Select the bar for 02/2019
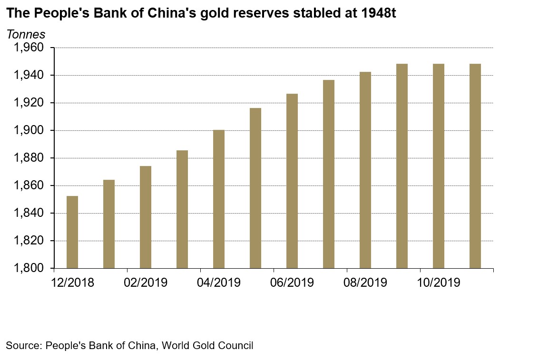pos(146,217)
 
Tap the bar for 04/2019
pos(219,199)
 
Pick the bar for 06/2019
pos(292,181)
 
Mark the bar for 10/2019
pos(439,166)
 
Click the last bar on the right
pos(475,166)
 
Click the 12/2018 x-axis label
pos(72,282)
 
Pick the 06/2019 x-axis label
pos(292,282)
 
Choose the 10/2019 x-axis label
pos(439,282)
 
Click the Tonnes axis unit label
pos(26,34)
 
